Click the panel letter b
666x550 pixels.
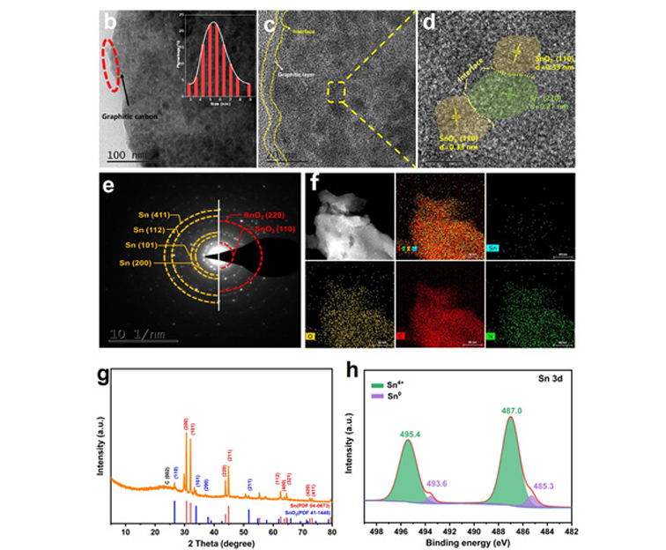(111, 19)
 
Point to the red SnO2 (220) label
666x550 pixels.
(256, 213)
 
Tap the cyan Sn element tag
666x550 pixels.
(495, 249)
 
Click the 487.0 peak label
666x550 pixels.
(511, 409)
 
